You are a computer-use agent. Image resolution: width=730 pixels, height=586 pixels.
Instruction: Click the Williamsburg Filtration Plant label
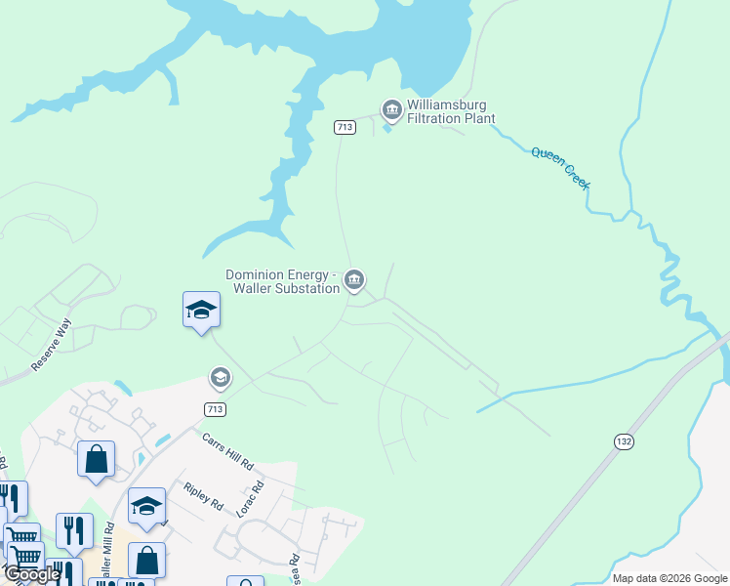pyautogui.click(x=451, y=112)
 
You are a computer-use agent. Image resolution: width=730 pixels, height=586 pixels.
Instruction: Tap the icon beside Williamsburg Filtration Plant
pyautogui.click(x=392, y=108)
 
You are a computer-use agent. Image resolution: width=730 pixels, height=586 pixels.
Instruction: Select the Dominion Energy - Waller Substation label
pyautogui.click(x=283, y=281)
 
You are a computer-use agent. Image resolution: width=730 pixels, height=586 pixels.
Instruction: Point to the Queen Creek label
pyautogui.click(x=561, y=168)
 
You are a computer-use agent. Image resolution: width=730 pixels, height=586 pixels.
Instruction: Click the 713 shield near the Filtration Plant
pyautogui.click(x=344, y=127)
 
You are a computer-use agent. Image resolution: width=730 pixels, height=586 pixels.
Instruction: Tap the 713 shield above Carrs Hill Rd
pyautogui.click(x=217, y=407)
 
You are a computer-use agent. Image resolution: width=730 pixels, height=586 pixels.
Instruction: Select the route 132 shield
pyautogui.click(x=625, y=441)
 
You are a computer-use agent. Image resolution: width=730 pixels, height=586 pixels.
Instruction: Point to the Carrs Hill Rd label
pyautogui.click(x=227, y=449)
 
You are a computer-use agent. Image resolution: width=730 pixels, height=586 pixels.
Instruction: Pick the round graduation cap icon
pyautogui.click(x=221, y=377)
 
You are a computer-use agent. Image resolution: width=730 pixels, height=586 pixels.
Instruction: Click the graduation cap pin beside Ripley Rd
pyautogui.click(x=146, y=506)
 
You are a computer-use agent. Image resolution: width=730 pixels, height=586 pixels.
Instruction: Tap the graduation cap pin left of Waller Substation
pyautogui.click(x=201, y=311)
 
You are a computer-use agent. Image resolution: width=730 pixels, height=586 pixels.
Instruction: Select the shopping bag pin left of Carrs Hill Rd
pyautogui.click(x=97, y=459)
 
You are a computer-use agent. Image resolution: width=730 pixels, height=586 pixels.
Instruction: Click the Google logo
pyautogui.click(x=31, y=574)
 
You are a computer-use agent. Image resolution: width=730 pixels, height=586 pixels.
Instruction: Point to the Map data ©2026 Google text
pyautogui.click(x=669, y=578)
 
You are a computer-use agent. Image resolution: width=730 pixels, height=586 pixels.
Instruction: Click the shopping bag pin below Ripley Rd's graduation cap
pyautogui.click(x=146, y=561)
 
